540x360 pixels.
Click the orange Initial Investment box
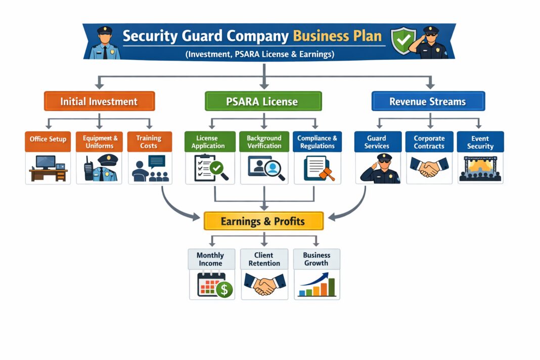click(x=99, y=101)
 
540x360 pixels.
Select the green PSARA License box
click(x=262, y=101)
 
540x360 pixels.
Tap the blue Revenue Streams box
click(x=428, y=101)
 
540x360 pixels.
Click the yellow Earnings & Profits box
click(x=263, y=221)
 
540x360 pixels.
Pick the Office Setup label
click(x=48, y=140)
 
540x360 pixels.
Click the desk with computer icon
click(x=48, y=168)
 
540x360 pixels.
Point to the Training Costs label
click(x=149, y=142)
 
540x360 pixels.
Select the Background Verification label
click(x=264, y=142)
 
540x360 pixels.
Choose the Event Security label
click(x=480, y=142)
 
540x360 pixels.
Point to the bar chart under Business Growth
click(x=317, y=286)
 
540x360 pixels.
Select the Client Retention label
click(x=264, y=259)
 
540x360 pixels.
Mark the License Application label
click(x=208, y=142)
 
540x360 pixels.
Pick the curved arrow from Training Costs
click(x=174, y=207)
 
